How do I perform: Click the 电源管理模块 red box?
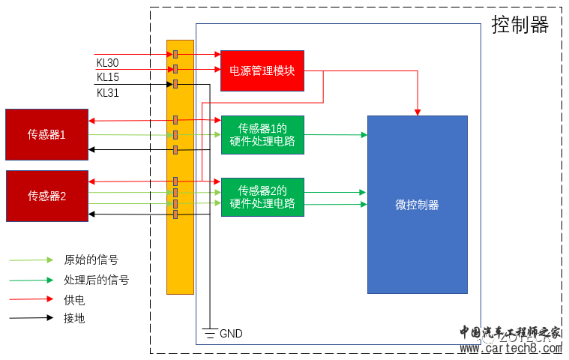pyautogui.click(x=262, y=70)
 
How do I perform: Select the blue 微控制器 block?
pyautogui.click(x=417, y=204)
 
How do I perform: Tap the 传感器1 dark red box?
pyautogui.click(x=46, y=134)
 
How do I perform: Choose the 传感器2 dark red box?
pyautogui.click(x=46, y=196)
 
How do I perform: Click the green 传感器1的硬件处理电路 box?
pyautogui.click(x=262, y=134)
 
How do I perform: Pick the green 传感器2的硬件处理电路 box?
pyautogui.click(x=262, y=196)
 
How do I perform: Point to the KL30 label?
pyautogui.click(x=107, y=61)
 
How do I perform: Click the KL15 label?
pyautogui.click(x=107, y=77)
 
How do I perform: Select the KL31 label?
pyautogui.click(x=107, y=93)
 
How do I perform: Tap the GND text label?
pyautogui.click(x=231, y=333)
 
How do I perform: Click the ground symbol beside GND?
pyautogui.click(x=210, y=333)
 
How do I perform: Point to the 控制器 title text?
pyautogui.click(x=520, y=25)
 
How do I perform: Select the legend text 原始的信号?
pyautogui.click(x=91, y=260)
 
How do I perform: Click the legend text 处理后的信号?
pyautogui.click(x=96, y=280)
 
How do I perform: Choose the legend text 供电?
pyautogui.click(x=74, y=299)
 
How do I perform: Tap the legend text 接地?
pyautogui.click(x=74, y=318)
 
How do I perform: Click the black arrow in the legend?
pyautogui.click(x=31, y=318)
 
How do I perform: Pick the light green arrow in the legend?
pyautogui.click(x=31, y=260)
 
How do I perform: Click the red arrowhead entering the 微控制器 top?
pyautogui.click(x=417, y=112)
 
